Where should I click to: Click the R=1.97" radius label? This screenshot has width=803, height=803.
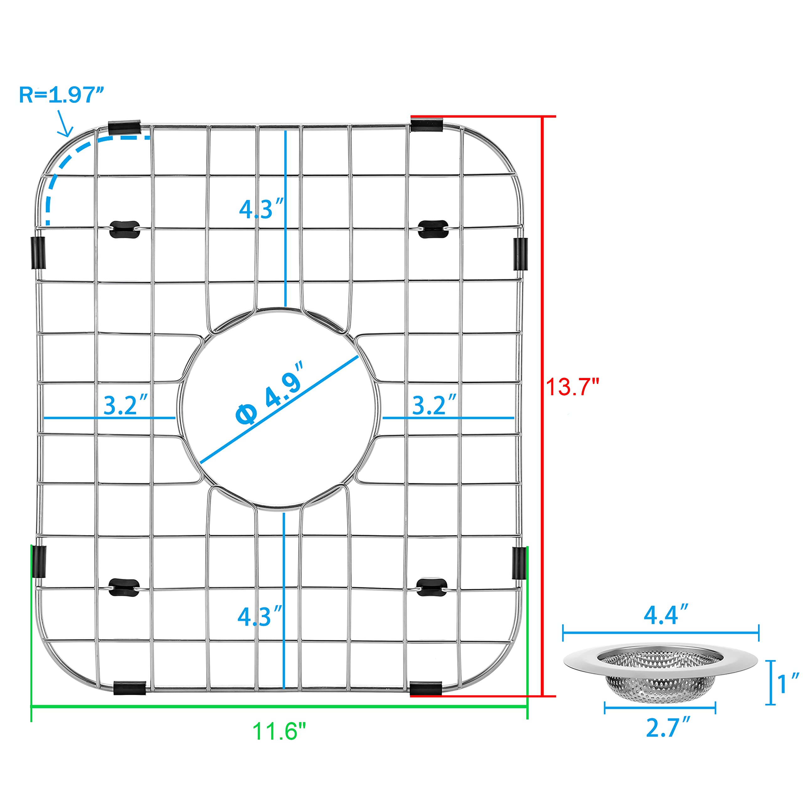point(61,95)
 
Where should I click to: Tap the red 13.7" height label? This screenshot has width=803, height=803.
point(572,387)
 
